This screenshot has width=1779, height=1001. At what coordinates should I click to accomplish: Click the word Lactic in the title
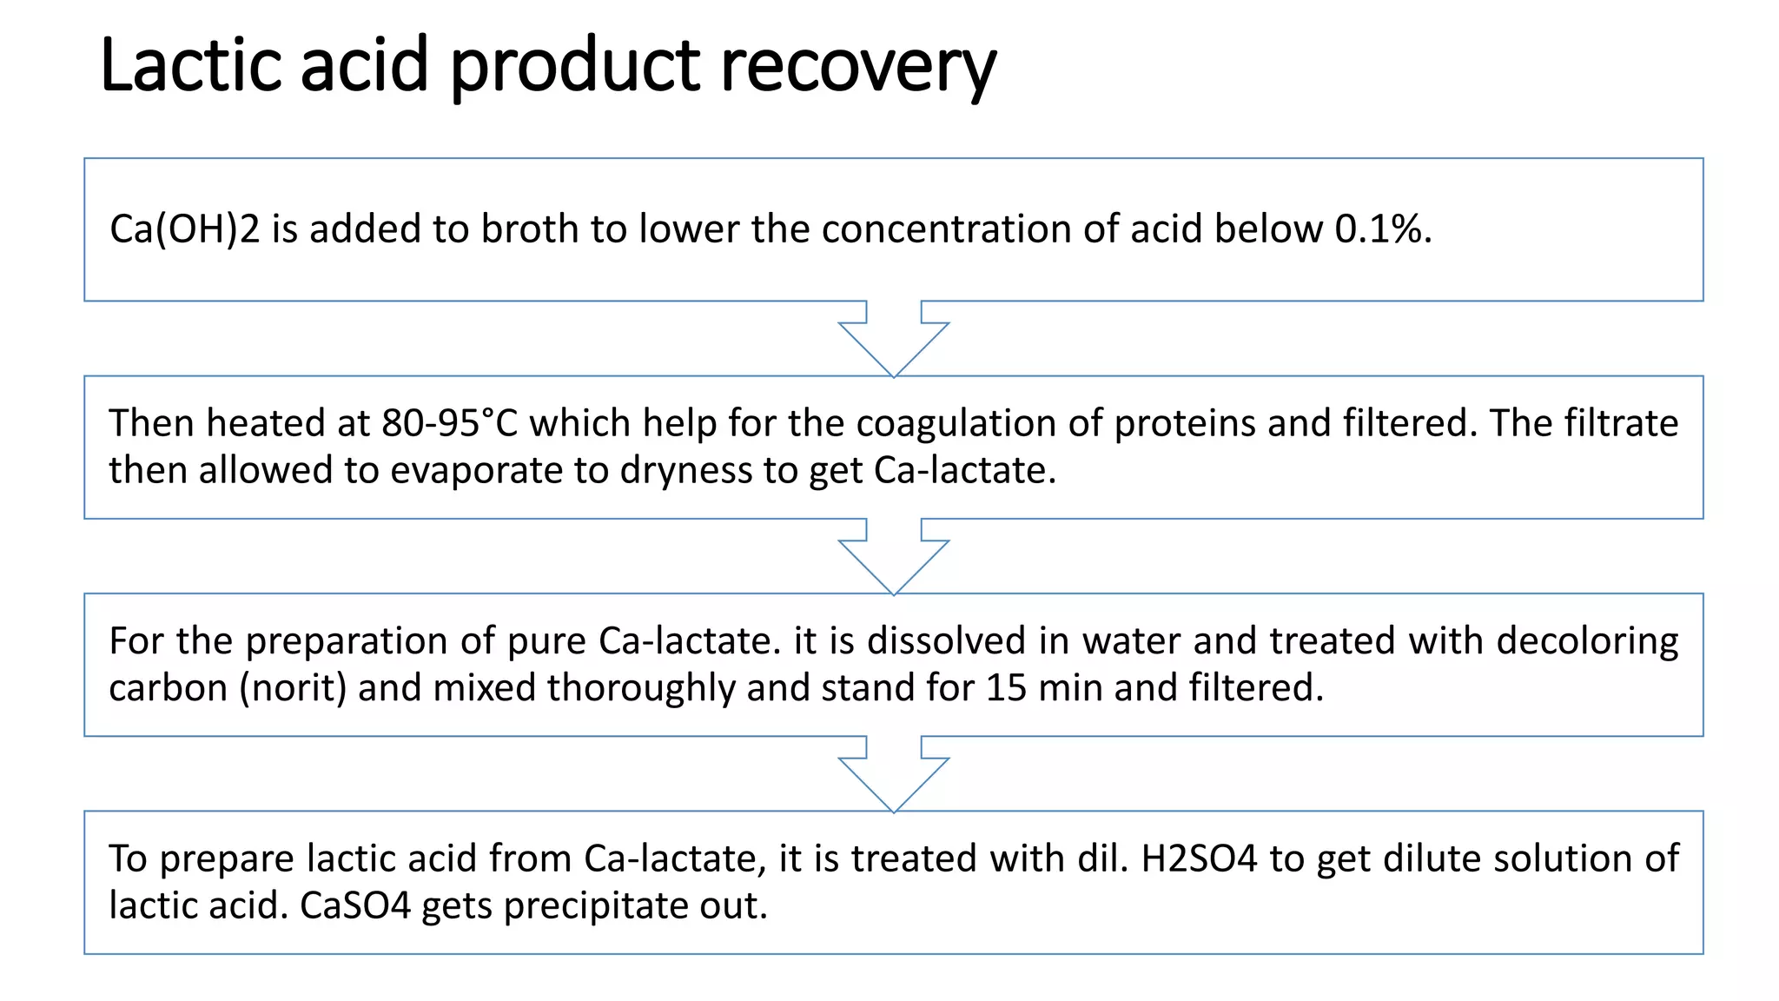(191, 65)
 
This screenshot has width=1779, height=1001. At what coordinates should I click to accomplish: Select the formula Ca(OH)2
(184, 229)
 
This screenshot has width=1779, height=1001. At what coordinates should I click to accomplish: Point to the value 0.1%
(1383, 229)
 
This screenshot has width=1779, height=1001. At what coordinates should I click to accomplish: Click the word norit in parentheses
(293, 688)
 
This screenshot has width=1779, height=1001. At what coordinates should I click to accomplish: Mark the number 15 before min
(1006, 688)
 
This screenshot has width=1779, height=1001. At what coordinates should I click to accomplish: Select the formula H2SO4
(1199, 858)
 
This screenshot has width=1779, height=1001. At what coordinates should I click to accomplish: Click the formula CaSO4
(354, 905)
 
